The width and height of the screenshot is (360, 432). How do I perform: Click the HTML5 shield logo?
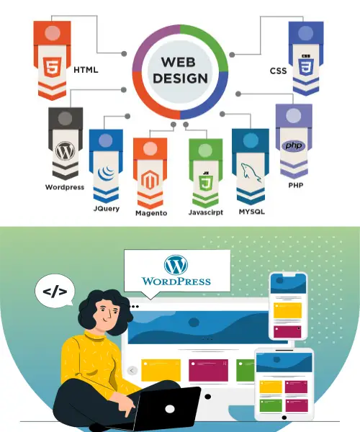point(53,67)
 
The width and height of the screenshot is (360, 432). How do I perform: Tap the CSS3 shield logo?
point(306,66)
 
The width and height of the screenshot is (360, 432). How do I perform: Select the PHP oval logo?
point(294,145)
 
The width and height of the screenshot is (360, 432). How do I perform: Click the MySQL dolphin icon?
point(251,173)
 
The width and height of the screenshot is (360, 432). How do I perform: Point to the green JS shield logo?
point(205,181)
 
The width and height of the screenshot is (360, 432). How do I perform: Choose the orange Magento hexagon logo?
point(150,180)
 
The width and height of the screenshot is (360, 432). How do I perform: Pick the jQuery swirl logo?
point(106,173)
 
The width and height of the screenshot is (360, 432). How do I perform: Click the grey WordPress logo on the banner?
point(66,150)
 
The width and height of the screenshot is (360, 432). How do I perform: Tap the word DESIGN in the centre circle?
point(181,78)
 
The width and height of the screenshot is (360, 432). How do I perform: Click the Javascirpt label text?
point(206,212)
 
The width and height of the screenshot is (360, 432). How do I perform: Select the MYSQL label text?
point(252,212)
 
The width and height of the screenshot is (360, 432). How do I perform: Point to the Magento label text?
point(151,213)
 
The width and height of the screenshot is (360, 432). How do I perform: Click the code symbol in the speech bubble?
point(55,292)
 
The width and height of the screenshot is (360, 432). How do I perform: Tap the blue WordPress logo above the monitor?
point(176,265)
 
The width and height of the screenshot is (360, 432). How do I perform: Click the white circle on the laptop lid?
point(170,409)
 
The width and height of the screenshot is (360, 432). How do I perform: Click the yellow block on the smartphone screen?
point(287,310)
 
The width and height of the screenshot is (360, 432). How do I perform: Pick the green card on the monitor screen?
point(245,370)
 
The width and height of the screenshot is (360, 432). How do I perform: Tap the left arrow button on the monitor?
point(132,371)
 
